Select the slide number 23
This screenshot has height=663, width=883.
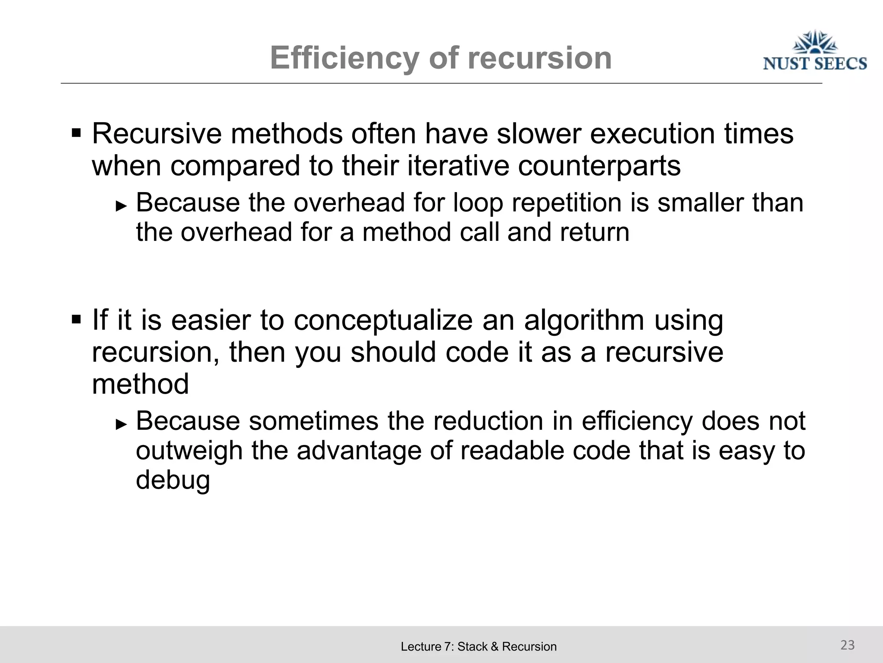point(847,645)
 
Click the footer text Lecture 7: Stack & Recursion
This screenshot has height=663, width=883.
point(479,647)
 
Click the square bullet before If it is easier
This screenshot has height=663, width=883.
point(76,319)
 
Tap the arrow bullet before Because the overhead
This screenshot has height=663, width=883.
point(122,205)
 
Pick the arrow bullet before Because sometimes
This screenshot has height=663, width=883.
point(122,424)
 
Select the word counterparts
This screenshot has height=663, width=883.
point(599,166)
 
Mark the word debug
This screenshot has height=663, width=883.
point(173,480)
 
